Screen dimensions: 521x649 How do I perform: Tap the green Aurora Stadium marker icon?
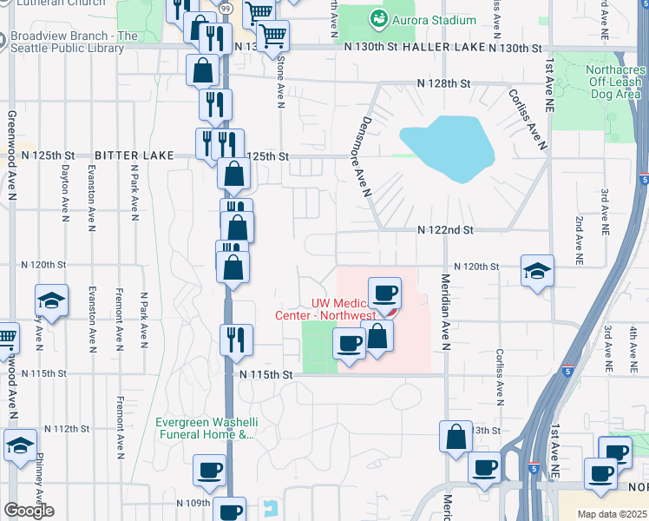pyautogui.click(x=378, y=19)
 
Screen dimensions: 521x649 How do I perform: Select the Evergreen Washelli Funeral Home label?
pyautogui.click(x=206, y=429)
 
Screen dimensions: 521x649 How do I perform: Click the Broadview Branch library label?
pyautogui.click(x=75, y=43)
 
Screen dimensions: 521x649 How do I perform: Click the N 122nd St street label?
pyautogui.click(x=445, y=230)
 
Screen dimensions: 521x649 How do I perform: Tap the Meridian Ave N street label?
pyautogui.click(x=445, y=313)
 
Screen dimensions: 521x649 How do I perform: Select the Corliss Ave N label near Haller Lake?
pyautogui.click(x=528, y=120)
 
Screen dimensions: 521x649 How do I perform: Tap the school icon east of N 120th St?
pyautogui.click(x=537, y=271)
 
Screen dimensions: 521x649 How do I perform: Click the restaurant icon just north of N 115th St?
pyautogui.click(x=236, y=340)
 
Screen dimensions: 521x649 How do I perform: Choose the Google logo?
pyautogui.click(x=29, y=511)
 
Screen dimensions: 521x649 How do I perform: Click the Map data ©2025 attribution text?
pyautogui.click(x=611, y=514)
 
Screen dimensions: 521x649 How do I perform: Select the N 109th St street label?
pyautogui.click(x=194, y=503)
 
